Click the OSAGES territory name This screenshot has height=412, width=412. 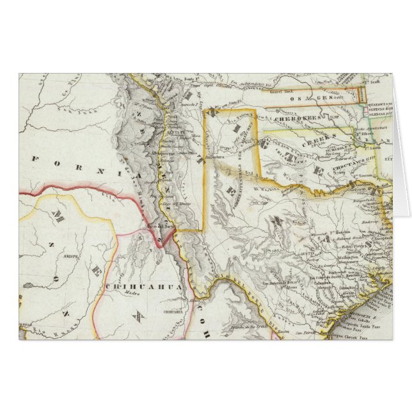pos(312,99)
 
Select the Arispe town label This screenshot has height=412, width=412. pos(69,252)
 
